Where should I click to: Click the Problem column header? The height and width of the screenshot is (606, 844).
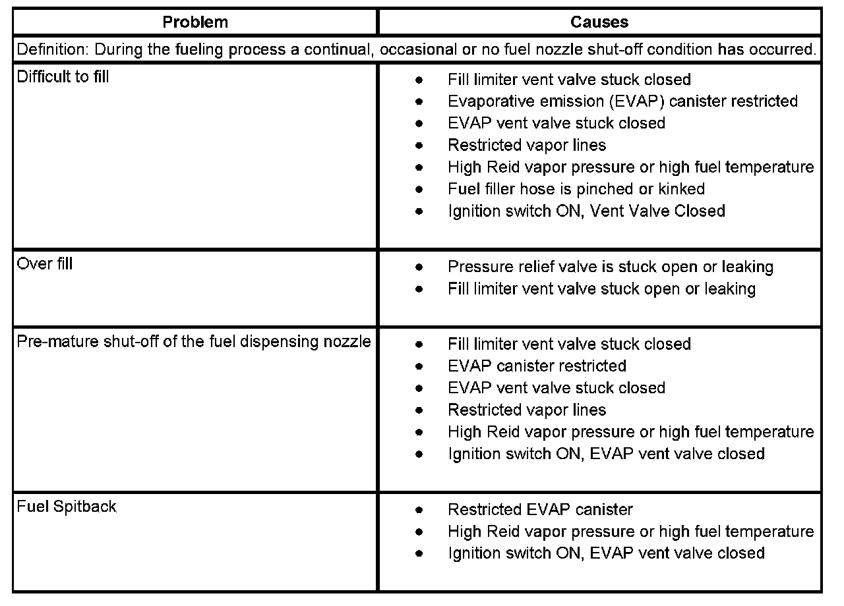point(195,22)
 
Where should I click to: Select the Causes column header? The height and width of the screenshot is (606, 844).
point(599,22)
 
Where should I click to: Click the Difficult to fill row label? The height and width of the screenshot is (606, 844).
point(63,76)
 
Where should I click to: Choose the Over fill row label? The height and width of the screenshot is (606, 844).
point(45,263)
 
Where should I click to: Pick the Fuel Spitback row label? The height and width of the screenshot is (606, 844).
point(66,507)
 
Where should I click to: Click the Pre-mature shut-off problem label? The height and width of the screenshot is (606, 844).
point(194,341)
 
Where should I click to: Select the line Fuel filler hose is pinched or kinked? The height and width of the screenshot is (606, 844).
point(576,189)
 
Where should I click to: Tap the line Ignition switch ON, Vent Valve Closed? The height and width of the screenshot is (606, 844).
point(586,211)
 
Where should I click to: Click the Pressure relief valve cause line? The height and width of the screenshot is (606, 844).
point(610,267)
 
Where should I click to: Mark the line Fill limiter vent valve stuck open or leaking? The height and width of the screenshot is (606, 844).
point(601,289)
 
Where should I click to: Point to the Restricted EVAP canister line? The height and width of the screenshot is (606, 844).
point(540,509)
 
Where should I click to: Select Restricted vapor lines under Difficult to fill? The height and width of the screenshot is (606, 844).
point(526,145)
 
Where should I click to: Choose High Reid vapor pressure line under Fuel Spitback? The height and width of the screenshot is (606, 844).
point(630,531)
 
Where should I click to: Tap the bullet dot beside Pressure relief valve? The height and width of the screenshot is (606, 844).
point(419,267)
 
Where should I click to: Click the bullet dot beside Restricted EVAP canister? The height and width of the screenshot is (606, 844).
point(419,510)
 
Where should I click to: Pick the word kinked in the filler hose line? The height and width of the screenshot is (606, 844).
point(681,189)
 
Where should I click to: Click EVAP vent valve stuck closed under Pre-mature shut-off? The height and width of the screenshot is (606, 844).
point(556,387)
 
